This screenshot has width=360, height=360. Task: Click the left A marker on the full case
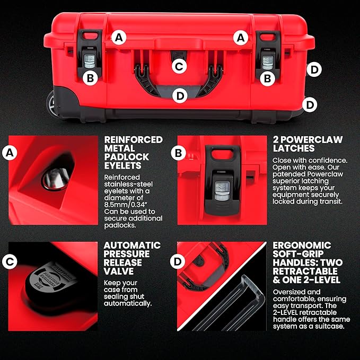pos(120,38)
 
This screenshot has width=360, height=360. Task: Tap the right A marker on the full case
pos(242,38)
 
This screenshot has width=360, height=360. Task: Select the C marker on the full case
pos(180,66)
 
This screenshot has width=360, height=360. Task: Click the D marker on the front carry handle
pos(180,95)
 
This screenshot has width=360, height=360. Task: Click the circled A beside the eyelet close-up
pos(8,153)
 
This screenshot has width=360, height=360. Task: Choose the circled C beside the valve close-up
pos(8,261)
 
